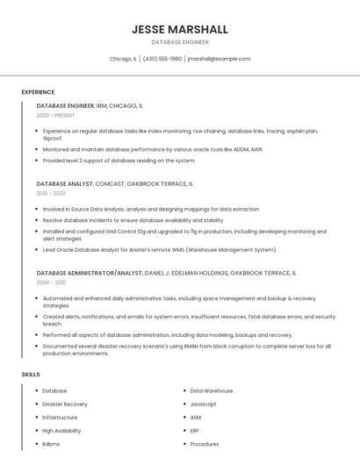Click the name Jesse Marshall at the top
pyautogui.click(x=180, y=29)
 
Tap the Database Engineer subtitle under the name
pyautogui.click(x=180, y=42)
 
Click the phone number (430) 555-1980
pyautogui.click(x=162, y=59)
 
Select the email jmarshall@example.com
pyautogui.click(x=220, y=59)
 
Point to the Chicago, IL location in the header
pyautogui.click(x=123, y=59)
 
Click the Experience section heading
pyautogui.click(x=38, y=92)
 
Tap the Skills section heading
pyautogui.click(x=31, y=375)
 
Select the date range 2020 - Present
pyautogui.click(x=55, y=115)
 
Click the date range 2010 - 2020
pyautogui.click(x=51, y=193)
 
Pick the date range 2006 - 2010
pyautogui.click(x=51, y=283)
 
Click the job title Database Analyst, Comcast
pyautogui.click(x=114, y=184)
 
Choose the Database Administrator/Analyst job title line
pyautogui.click(x=167, y=273)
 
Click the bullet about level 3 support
pyautogui.click(x=119, y=161)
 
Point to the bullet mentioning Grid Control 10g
pyautogui.click(x=184, y=235)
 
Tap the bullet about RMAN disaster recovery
pyautogui.click(x=186, y=349)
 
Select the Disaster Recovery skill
pyautogui.click(x=65, y=404)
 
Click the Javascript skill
pyautogui.click(x=203, y=404)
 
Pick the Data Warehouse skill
pyautogui.click(x=212, y=390)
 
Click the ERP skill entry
pyautogui.click(x=195, y=431)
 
